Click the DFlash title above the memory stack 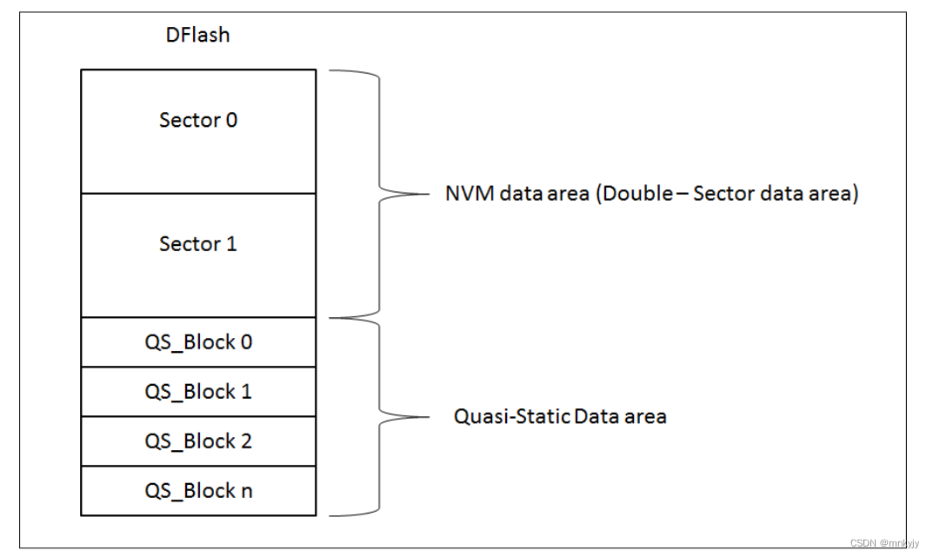click(x=197, y=35)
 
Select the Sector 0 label click(x=198, y=120)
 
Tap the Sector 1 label click(x=198, y=243)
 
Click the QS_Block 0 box click(x=198, y=342)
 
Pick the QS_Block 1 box click(x=198, y=392)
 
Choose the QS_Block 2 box click(x=198, y=441)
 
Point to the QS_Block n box click(x=198, y=491)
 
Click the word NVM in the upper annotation click(x=470, y=193)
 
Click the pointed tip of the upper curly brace click(x=429, y=194)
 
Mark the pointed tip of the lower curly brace click(x=429, y=417)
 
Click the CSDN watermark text click(x=884, y=543)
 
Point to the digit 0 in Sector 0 click(x=231, y=120)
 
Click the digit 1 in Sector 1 click(x=231, y=243)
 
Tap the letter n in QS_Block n click(x=246, y=492)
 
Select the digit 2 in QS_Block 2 click(x=246, y=441)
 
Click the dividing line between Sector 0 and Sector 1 click(x=198, y=193)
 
